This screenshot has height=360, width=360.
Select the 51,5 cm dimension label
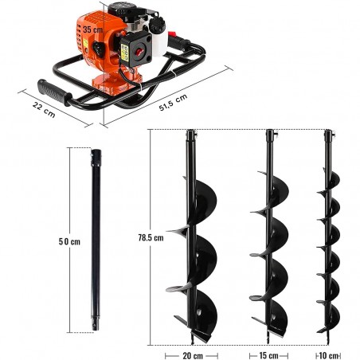pos(172,98)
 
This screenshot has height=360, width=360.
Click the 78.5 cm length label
pos(151,237)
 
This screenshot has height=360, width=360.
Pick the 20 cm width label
pos(190,354)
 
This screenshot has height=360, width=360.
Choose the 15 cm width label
pos(268,354)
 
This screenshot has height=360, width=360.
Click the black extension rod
pos(96,239)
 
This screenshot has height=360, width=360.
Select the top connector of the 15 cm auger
pos(271,137)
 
